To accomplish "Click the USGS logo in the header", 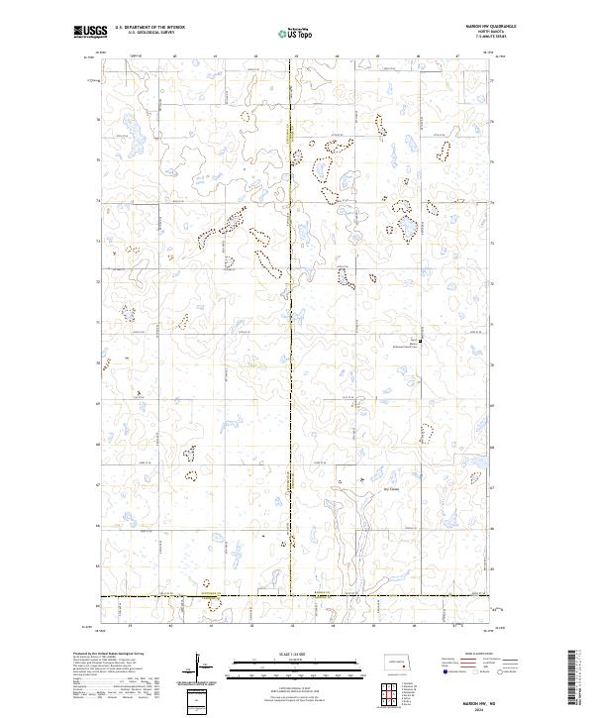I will (x=90, y=33).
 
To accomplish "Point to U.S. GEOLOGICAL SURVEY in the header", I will (x=143, y=34).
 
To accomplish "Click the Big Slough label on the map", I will (x=363, y=488).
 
